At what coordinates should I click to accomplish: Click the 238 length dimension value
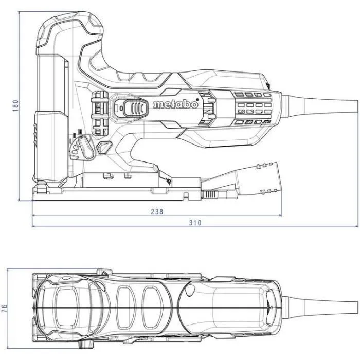point(158,211)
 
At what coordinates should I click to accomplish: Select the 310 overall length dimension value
point(194,223)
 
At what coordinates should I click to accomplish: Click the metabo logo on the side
point(175,105)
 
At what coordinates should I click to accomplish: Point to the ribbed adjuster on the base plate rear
point(211,195)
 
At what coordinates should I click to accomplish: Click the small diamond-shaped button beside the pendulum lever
point(104,147)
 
